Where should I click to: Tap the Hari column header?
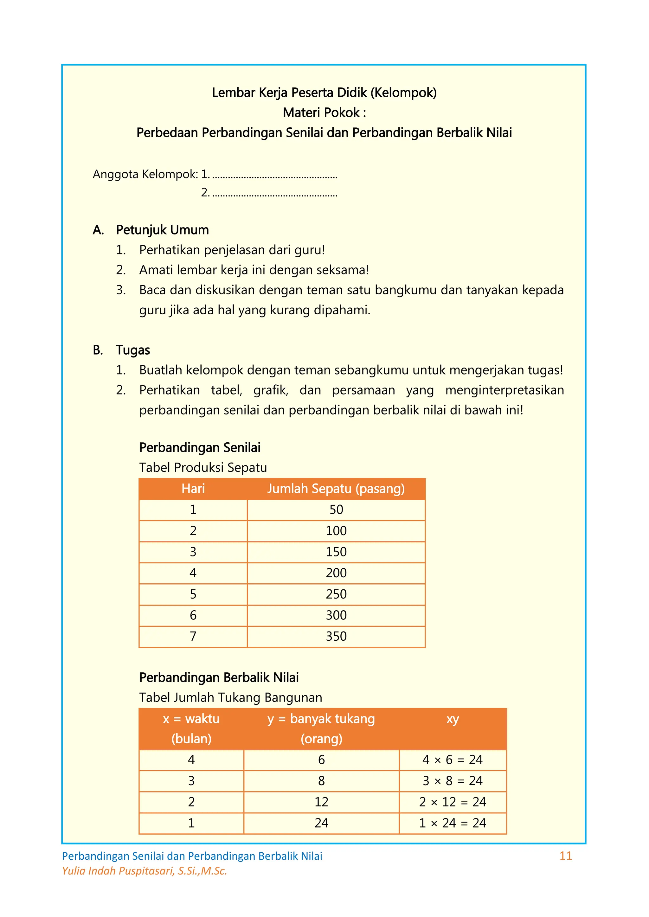tap(193, 489)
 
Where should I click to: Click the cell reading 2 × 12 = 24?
tap(453, 802)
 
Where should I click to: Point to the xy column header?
tap(453, 719)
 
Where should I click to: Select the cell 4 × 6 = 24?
tap(453, 759)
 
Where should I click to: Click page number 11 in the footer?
tap(565, 856)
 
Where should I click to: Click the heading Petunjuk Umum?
tap(162, 230)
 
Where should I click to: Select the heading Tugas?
tap(133, 350)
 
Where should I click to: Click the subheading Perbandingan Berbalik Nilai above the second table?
tap(219, 677)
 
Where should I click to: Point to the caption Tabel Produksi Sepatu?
tap(203, 467)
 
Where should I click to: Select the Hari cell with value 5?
tap(193, 594)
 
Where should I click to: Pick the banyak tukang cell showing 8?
tap(321, 780)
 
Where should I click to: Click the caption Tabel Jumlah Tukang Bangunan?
tap(231, 697)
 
